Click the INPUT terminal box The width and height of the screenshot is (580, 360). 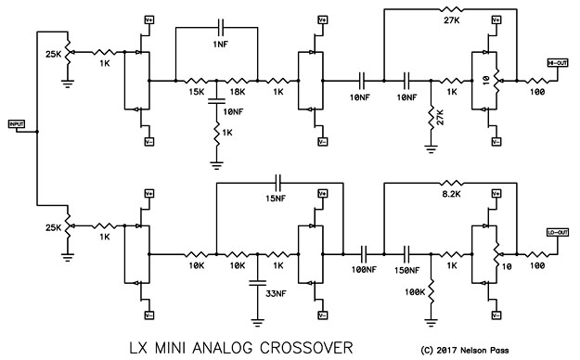(x=16, y=124)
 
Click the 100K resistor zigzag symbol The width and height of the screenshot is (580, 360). (x=432, y=282)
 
